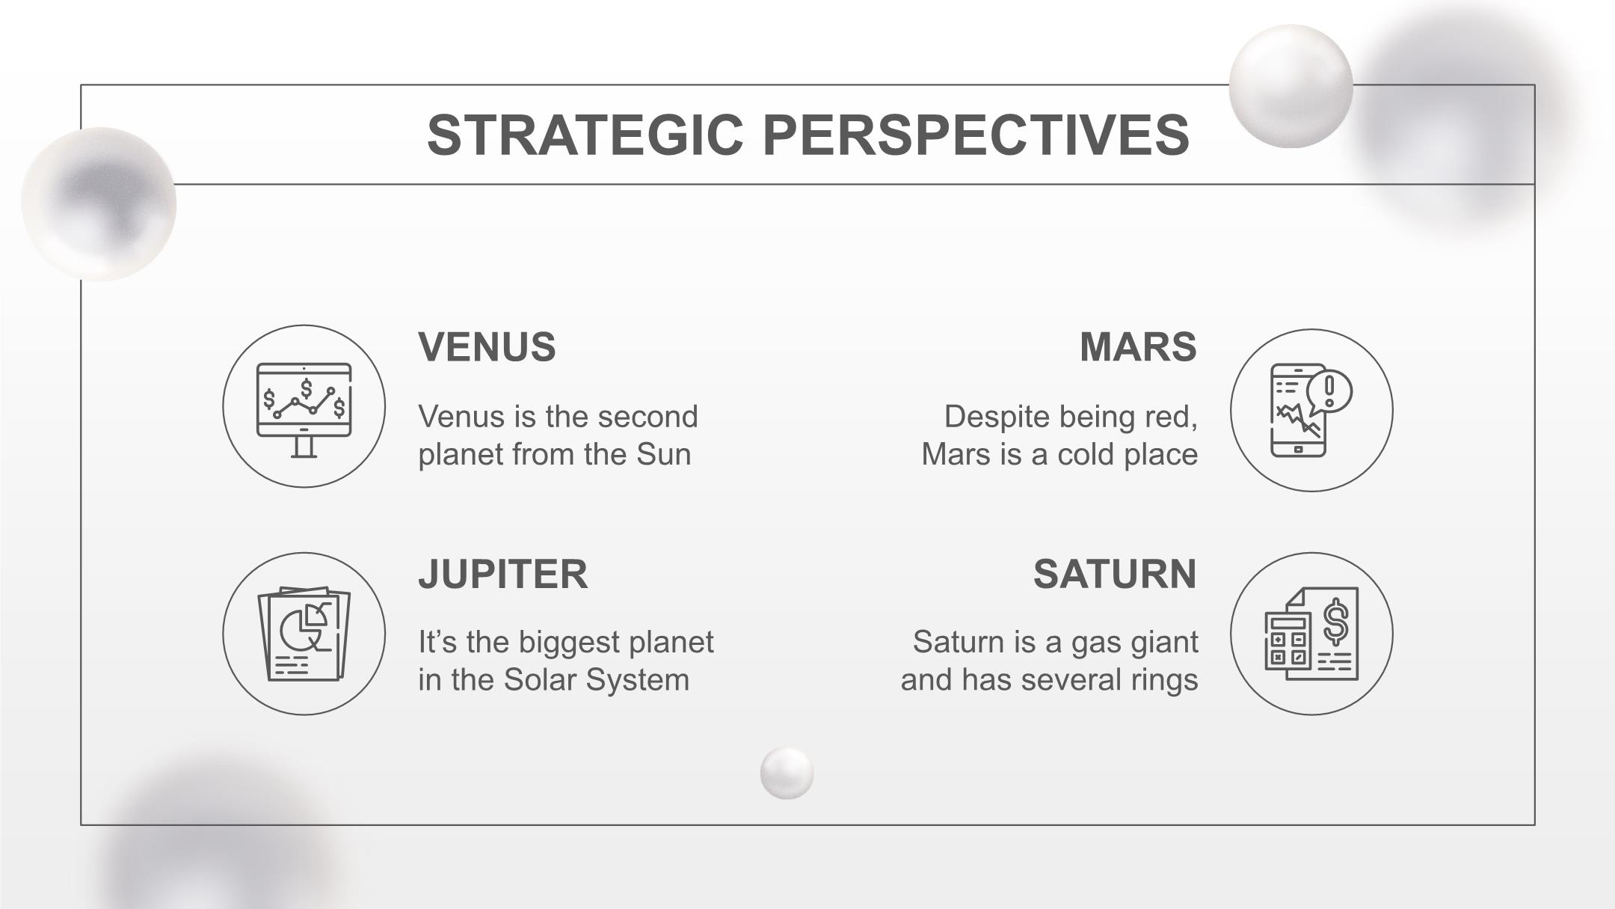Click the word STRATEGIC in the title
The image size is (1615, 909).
click(x=585, y=135)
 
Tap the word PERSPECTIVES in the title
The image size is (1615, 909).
click(x=976, y=135)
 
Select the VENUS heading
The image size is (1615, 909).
click(x=487, y=347)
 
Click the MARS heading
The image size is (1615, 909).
click(x=1138, y=347)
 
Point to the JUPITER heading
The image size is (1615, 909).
click(x=503, y=575)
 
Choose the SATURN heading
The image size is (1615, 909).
click(x=1115, y=575)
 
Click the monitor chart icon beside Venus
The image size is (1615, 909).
click(x=304, y=409)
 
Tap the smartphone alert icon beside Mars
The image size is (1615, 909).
click(x=1311, y=410)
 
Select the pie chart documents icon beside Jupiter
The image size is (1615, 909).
click(x=304, y=634)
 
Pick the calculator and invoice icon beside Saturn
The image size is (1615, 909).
click(x=1311, y=634)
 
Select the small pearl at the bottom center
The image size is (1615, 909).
click(x=787, y=773)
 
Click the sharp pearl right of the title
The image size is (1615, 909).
click(x=1291, y=86)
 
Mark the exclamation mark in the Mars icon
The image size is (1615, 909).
click(x=1329, y=391)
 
